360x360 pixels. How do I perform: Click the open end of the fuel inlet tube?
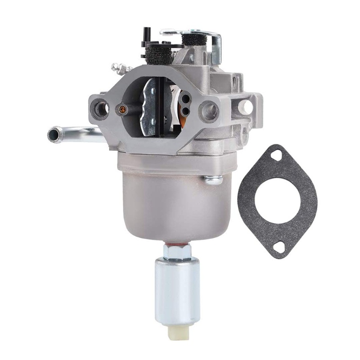54,135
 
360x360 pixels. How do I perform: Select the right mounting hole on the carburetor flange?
209,109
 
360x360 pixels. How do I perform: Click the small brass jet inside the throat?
121,108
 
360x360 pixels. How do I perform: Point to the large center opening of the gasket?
278,200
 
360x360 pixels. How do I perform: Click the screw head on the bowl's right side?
212,180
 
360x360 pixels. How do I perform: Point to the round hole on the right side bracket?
246,107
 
